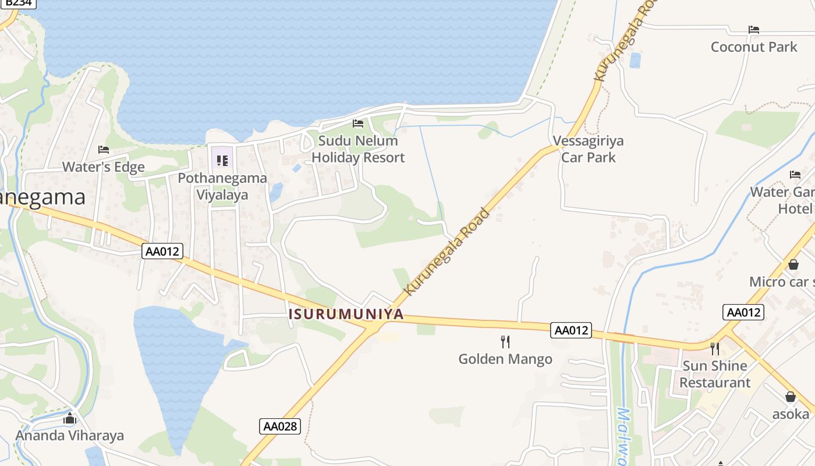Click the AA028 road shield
tap(280, 426)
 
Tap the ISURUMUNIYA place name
tap(346, 314)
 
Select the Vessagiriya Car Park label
tap(588, 149)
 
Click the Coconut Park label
tap(754, 47)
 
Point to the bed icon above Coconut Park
tap(754, 30)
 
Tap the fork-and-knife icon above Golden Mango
tap(505, 341)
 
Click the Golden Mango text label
tap(505, 359)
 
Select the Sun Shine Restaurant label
tap(715, 374)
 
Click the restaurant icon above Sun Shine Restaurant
tap(715, 349)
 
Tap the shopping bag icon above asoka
tap(791, 397)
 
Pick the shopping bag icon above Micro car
tap(793, 264)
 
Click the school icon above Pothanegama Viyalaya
tap(222, 160)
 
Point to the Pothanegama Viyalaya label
tap(222, 186)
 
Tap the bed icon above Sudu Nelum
tap(358, 123)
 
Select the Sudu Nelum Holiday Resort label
tap(358, 149)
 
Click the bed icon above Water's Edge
tap(104, 150)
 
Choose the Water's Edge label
tap(104, 167)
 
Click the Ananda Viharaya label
tap(70, 436)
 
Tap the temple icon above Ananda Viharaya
tap(70, 418)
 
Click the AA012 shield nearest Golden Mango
tap(571, 330)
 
